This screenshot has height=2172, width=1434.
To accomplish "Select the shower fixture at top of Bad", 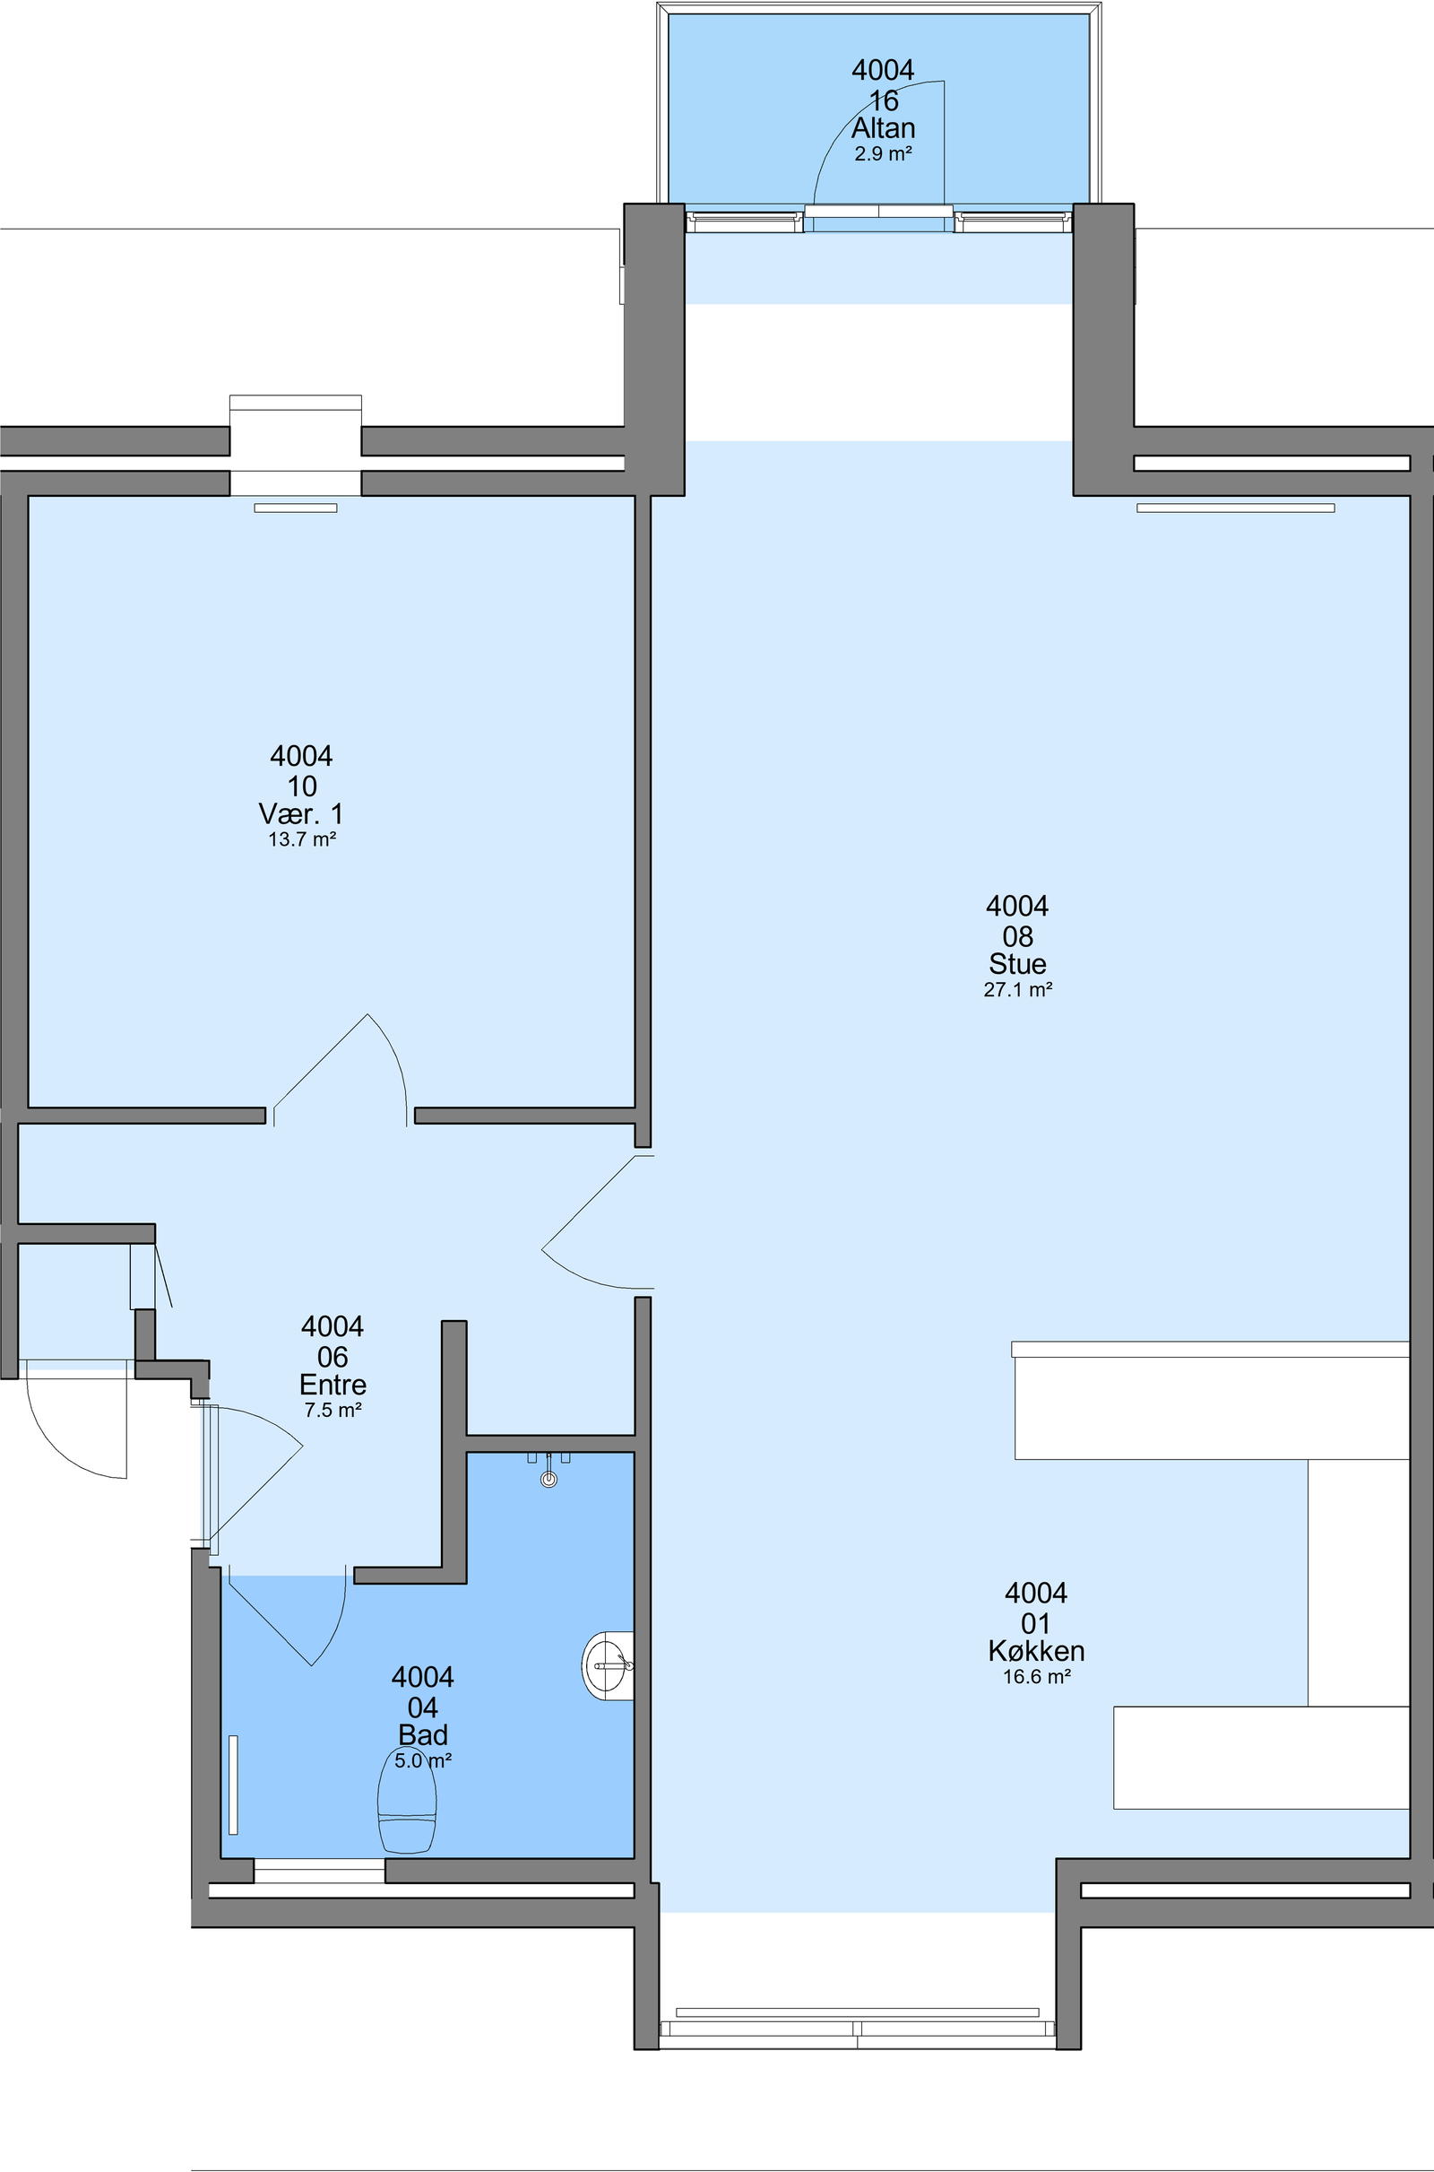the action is tap(549, 1468).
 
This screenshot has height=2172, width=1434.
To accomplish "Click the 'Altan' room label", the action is tap(884, 128).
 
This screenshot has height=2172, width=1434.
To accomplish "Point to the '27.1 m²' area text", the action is tap(1018, 989).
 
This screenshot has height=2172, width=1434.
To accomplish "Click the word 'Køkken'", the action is tap(1036, 1650).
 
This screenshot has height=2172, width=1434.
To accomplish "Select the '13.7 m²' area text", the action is tap(302, 839).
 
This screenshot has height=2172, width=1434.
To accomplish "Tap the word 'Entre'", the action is tap(333, 1384).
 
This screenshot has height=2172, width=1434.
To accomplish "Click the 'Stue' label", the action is tap(1018, 963).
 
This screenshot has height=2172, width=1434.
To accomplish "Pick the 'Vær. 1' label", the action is tap(302, 813).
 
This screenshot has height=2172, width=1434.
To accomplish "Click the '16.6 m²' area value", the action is tap(1036, 1676).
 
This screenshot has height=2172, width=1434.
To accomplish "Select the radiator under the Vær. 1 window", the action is tap(296, 508).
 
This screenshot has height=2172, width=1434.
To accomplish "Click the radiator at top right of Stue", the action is tap(1236, 508).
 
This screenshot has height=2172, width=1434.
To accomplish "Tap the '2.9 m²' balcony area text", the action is tap(884, 153).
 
